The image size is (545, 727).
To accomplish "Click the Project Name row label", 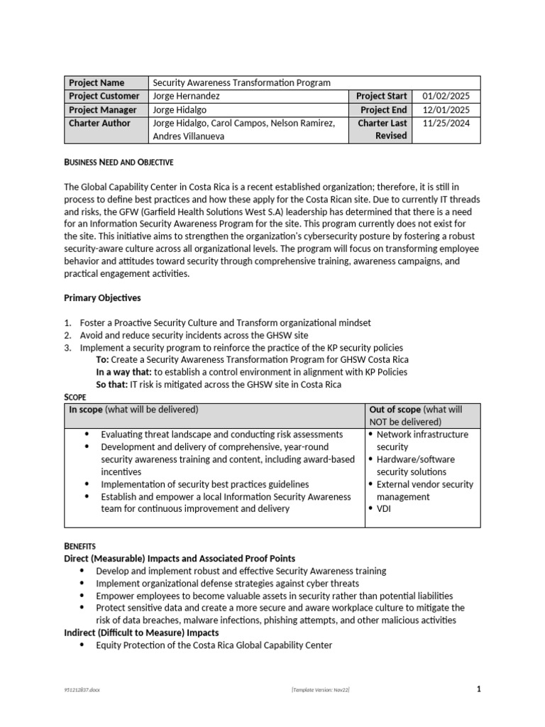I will (x=96, y=83).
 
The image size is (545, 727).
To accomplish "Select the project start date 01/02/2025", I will (x=446, y=97).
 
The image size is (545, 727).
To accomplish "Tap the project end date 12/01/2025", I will (x=446, y=110).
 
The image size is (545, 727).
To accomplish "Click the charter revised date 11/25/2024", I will (x=446, y=123).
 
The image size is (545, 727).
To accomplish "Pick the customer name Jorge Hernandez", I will (x=187, y=97).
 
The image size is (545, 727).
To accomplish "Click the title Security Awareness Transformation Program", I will (x=242, y=83).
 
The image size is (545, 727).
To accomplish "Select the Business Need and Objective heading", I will (x=119, y=163).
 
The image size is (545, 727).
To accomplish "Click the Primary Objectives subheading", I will (x=104, y=297).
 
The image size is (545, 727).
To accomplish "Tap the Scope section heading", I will (x=75, y=398).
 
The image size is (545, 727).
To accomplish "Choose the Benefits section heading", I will (x=79, y=546).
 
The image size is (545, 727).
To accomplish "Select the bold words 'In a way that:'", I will (x=124, y=372).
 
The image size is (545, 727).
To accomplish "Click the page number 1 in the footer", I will (x=479, y=689).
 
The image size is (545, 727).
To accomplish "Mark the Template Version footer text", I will (x=321, y=690).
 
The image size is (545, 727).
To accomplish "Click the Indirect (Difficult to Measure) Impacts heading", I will (x=141, y=633).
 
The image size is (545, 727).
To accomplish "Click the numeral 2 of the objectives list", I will (x=67, y=335).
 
